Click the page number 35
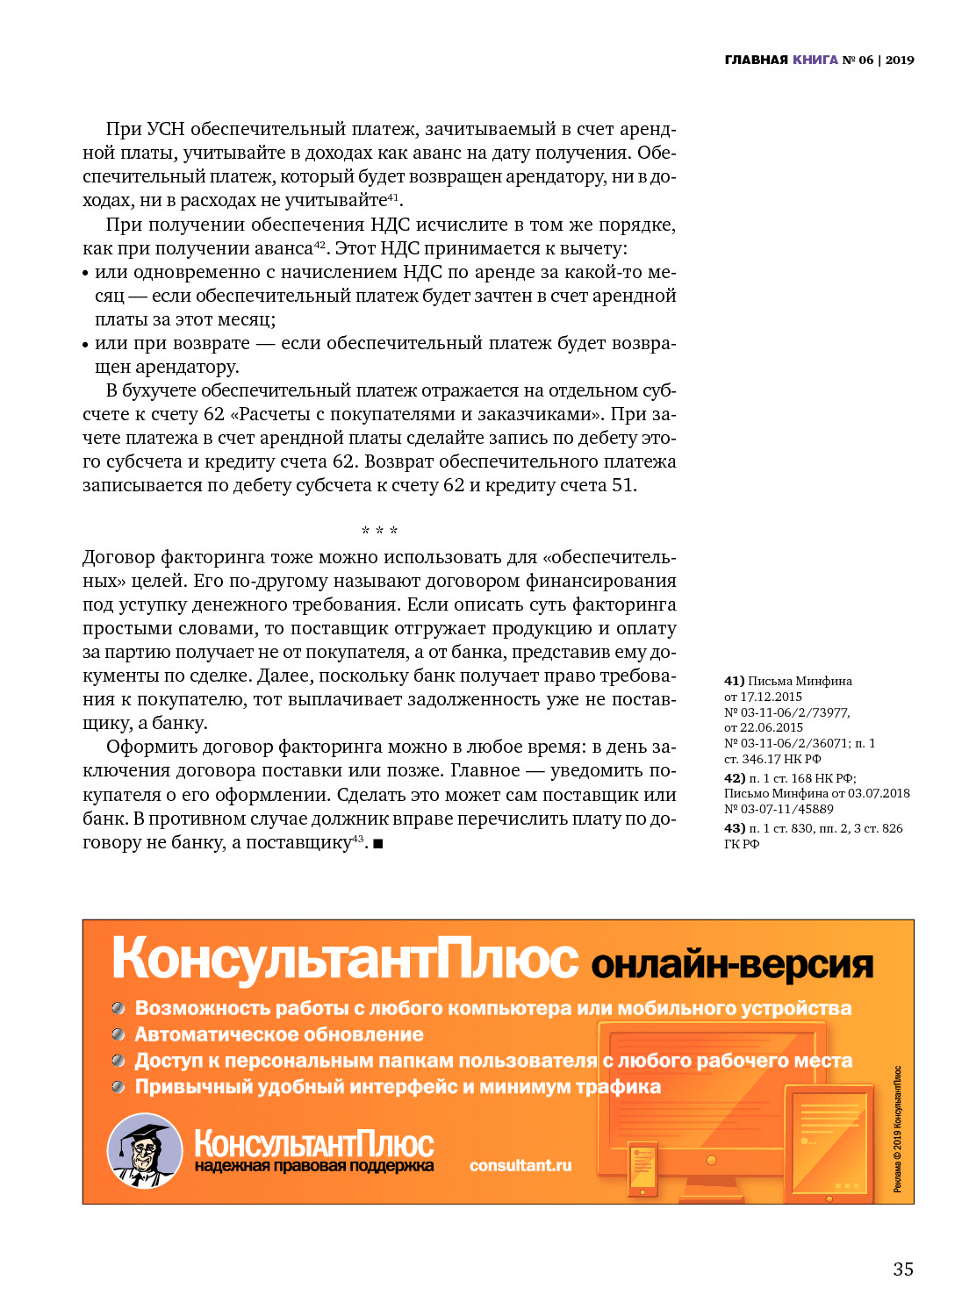coord(903,1269)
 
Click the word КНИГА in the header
coord(815,60)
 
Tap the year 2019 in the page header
coord(900,60)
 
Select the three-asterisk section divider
coord(379,531)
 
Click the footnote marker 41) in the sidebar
coord(734,681)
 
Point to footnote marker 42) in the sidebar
coord(734,778)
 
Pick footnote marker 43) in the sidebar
coord(734,828)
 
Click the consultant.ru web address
coord(520,1165)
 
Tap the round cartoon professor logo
coord(144,1150)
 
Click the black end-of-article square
coord(377,844)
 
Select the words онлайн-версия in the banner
coord(732,964)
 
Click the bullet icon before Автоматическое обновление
coord(118,1035)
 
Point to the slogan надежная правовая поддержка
coord(314,1166)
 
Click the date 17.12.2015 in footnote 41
coord(771,697)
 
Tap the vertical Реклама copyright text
coord(897,1128)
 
